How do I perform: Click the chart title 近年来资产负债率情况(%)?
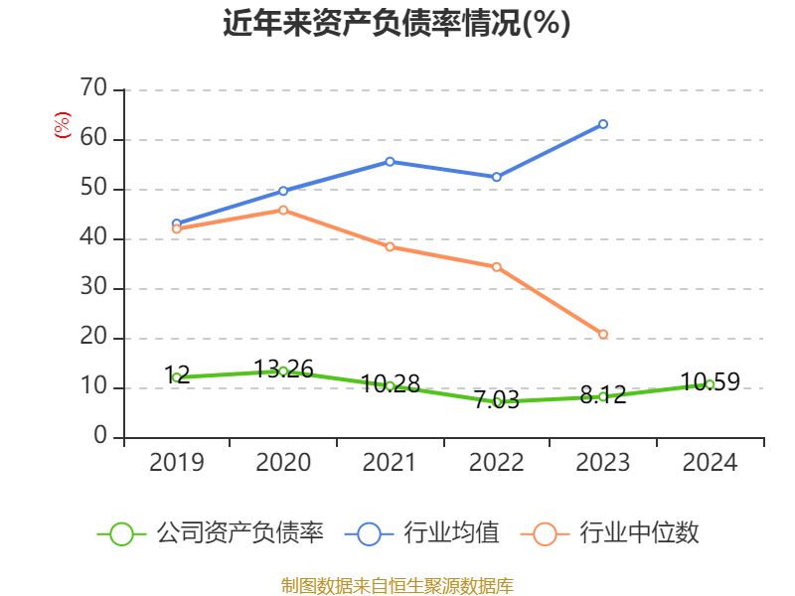tap(397, 23)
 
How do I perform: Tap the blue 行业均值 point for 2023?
tap(603, 124)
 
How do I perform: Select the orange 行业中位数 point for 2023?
tap(603, 335)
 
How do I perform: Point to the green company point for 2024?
tap(710, 384)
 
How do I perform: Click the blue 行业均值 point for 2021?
tap(390, 161)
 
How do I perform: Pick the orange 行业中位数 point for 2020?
tap(283, 210)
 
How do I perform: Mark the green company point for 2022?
tap(497, 401)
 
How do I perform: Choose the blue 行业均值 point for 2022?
tap(497, 177)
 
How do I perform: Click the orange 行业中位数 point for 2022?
tap(497, 266)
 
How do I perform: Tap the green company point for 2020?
tap(283, 372)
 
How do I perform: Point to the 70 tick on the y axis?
tap(93, 89)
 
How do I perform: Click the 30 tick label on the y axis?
tap(93, 288)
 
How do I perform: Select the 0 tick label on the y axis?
tap(100, 437)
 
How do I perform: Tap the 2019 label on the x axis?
tap(177, 463)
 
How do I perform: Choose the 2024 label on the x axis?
tap(710, 463)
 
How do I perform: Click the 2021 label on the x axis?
tap(390, 463)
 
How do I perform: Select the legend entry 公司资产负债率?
tap(212, 533)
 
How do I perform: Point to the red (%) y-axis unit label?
tap(62, 126)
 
